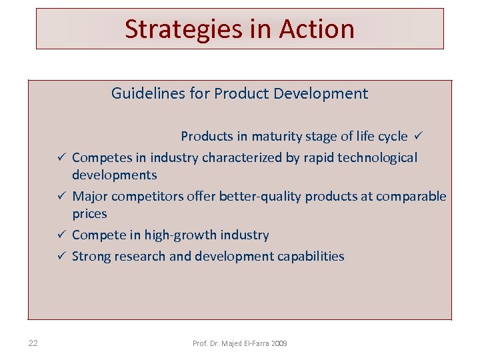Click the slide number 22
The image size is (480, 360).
point(33,343)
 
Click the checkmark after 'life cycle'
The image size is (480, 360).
point(418,136)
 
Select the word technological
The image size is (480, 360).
point(378,158)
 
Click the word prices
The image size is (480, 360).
point(89,214)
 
